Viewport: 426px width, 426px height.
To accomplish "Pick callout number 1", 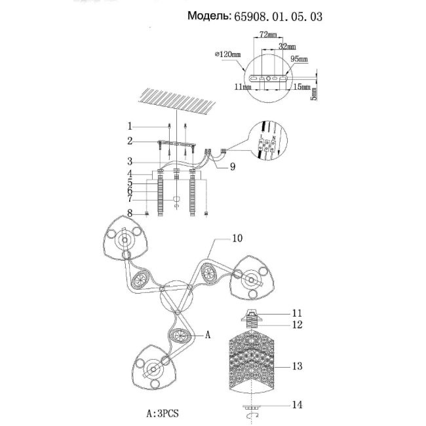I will [130, 126].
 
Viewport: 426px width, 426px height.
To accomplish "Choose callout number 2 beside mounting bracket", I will [130, 141].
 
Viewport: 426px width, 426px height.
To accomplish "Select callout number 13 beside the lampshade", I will [298, 366].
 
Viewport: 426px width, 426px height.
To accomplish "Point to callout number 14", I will [298, 406].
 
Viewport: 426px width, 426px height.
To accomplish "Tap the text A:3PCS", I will [163, 413].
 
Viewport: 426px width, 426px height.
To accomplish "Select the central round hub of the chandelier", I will [176, 296].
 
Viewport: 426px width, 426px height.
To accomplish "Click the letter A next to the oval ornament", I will [208, 335].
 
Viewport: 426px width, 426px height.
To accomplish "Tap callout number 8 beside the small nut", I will [130, 212].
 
